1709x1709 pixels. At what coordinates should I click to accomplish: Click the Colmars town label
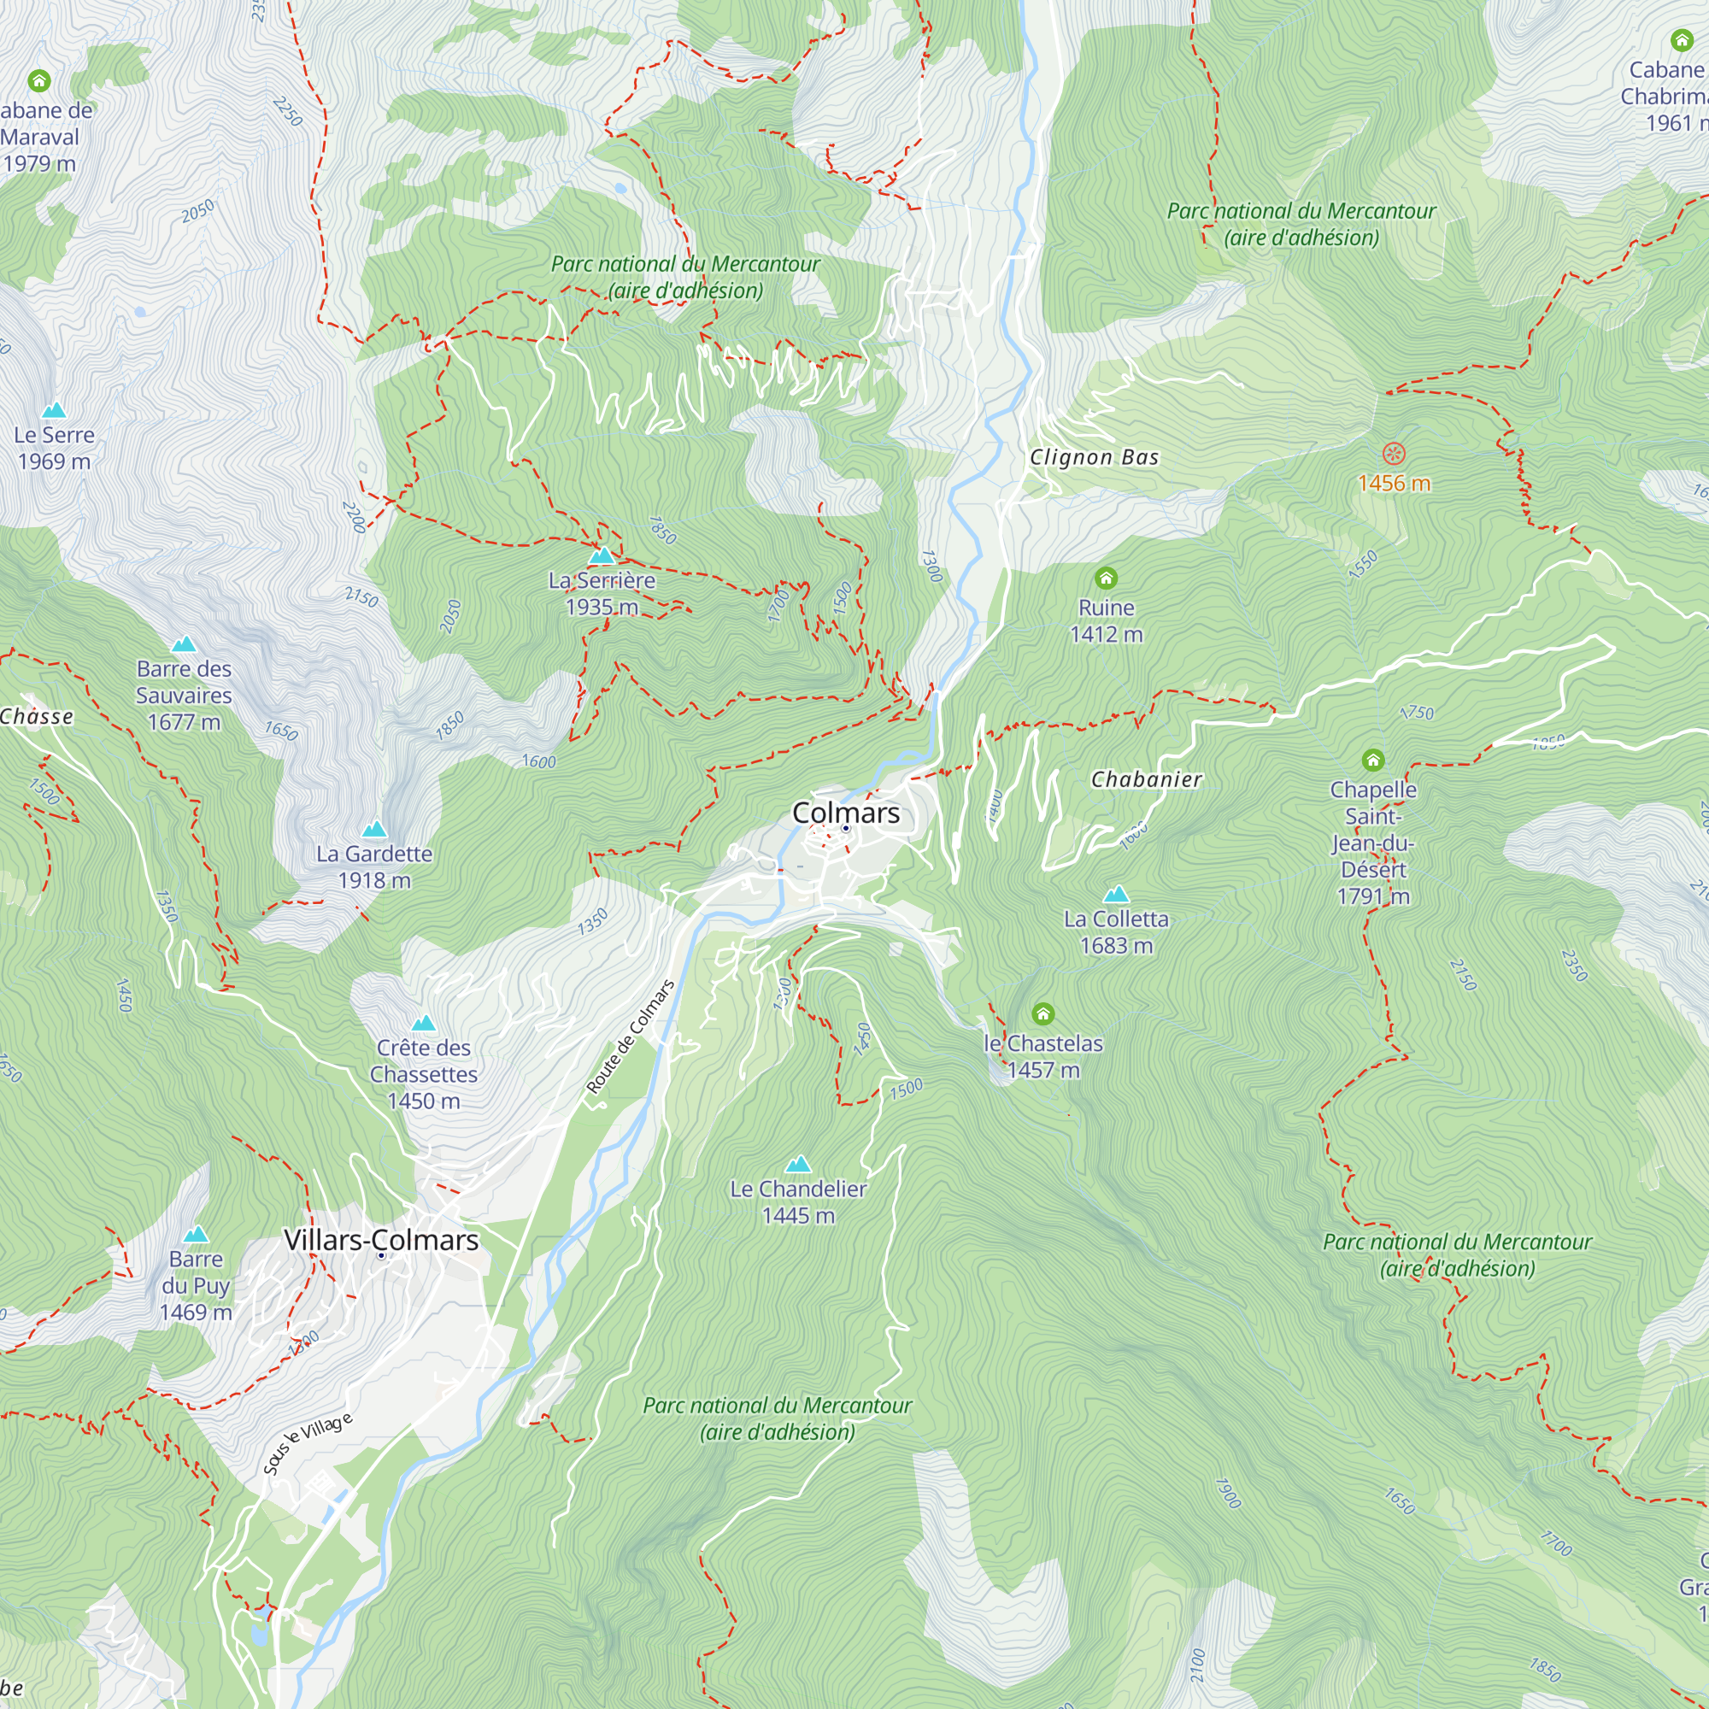point(846,812)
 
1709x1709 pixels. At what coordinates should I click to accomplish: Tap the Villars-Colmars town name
point(380,1239)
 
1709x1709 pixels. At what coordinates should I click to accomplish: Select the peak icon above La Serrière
point(602,555)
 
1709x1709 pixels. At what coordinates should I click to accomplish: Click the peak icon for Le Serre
point(54,409)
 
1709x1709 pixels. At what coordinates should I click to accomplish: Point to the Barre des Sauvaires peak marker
point(183,644)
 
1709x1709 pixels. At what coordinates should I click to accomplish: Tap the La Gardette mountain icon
point(374,829)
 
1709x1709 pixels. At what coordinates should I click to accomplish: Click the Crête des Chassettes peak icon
point(423,1023)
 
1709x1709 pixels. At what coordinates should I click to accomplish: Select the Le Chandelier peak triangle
point(798,1163)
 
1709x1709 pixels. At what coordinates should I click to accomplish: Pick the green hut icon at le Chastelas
point(1042,1013)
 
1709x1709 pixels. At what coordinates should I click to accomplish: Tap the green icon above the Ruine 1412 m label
point(1106,578)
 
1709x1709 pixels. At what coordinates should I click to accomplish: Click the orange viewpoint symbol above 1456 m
point(1393,454)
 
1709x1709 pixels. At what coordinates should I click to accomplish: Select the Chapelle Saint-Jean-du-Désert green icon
point(1372,760)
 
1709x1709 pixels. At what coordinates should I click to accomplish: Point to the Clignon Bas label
point(1094,457)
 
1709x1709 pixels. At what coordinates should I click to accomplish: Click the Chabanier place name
point(1146,779)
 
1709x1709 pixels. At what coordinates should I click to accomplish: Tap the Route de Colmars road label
point(630,1037)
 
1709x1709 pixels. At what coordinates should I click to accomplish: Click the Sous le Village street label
point(308,1443)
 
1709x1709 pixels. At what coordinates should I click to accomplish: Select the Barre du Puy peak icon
point(196,1233)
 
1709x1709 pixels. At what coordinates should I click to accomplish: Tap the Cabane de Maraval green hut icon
point(38,81)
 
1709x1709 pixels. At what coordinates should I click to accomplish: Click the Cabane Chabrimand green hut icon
point(1681,40)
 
